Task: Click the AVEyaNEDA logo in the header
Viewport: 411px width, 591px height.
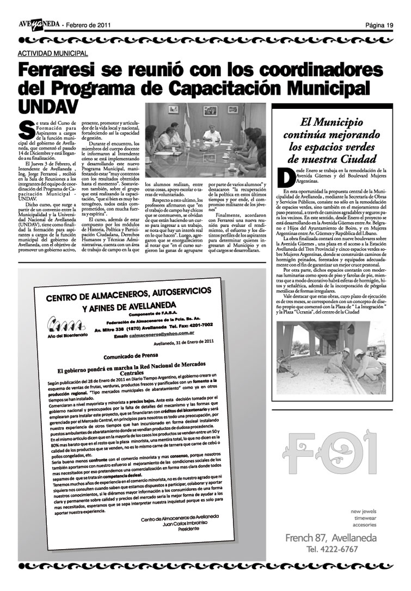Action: [x=39, y=24]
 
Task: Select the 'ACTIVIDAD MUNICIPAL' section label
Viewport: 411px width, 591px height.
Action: [x=53, y=53]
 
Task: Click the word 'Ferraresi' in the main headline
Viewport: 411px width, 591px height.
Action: [x=71, y=72]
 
